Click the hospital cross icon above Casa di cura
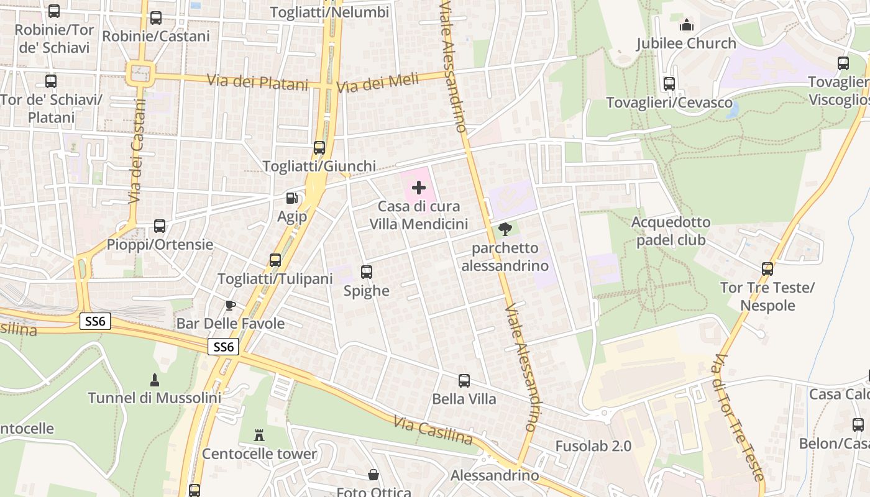419,188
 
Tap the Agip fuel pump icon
291,198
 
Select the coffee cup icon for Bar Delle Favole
231,305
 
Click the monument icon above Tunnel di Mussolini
155,379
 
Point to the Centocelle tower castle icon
259,435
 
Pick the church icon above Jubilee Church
687,25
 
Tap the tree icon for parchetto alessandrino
505,229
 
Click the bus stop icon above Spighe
367,272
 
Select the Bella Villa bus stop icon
464,381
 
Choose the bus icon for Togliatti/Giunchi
319,148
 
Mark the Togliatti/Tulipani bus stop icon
275,260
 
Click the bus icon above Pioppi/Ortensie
160,226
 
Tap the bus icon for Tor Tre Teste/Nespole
767,269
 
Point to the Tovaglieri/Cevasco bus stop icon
669,84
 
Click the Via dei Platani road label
257,81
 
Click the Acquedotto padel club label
671,231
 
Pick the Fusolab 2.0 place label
593,446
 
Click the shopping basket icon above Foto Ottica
373,475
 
